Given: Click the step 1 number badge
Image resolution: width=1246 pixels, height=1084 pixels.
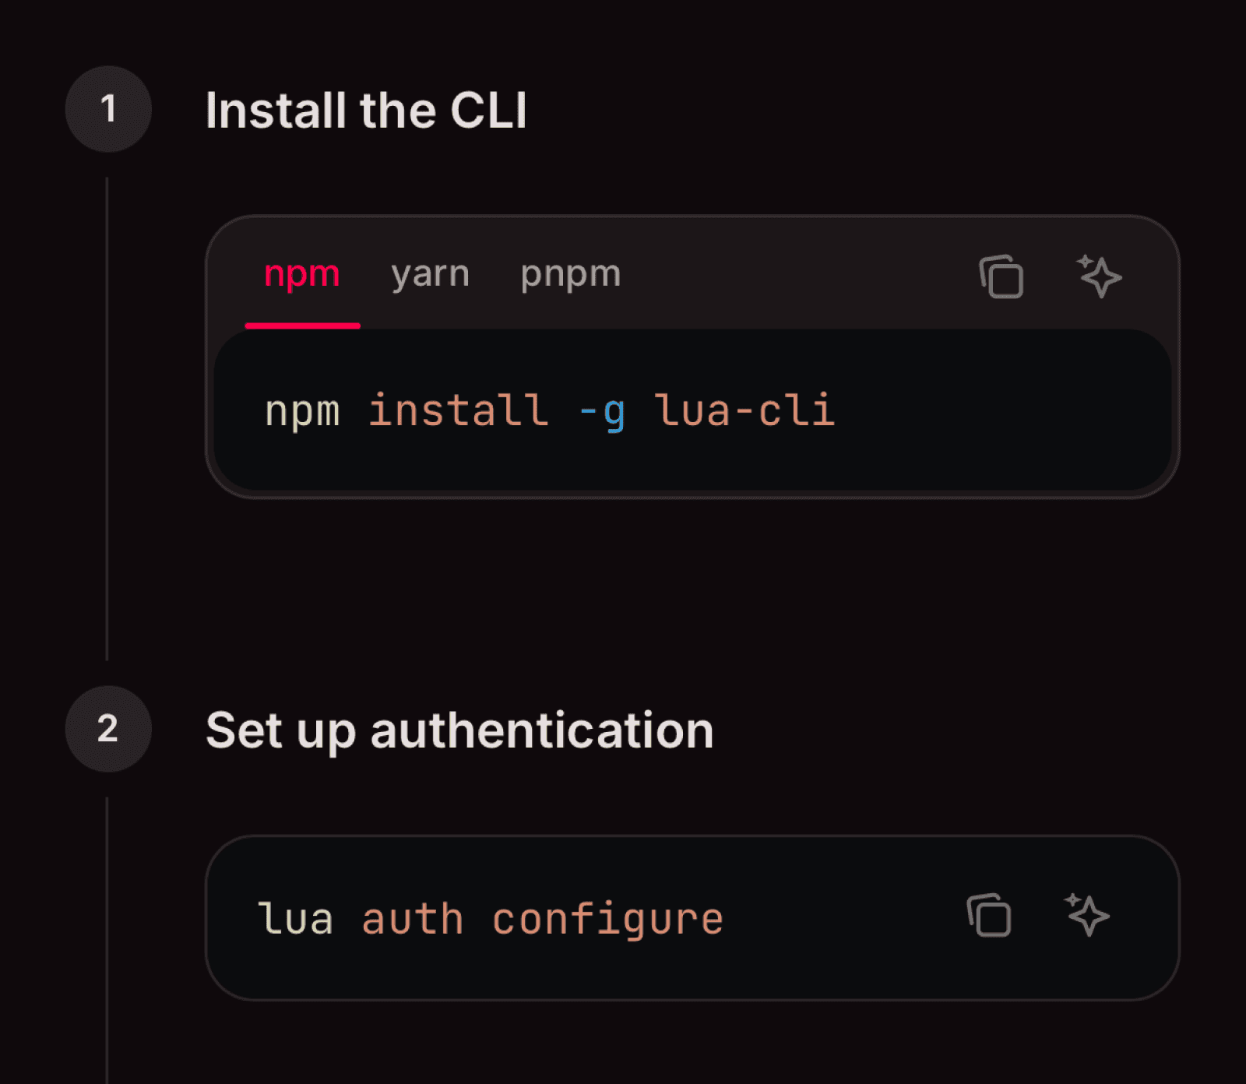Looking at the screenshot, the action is (108, 109).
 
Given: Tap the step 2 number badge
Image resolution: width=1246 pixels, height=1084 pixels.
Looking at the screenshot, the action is (108, 729).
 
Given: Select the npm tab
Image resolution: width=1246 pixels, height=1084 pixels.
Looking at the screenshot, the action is (302, 274).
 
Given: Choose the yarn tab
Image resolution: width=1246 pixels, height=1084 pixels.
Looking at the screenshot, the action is (431, 274).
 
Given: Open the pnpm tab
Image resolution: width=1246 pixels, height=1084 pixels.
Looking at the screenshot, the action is (571, 274).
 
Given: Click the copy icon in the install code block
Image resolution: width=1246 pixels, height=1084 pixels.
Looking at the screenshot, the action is (1001, 276).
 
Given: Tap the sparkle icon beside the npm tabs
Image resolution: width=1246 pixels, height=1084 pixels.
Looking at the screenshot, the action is (1099, 276).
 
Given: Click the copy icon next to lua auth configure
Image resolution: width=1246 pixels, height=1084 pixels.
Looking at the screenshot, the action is (989, 915).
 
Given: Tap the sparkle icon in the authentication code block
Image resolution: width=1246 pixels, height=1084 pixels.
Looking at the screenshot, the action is (1087, 915).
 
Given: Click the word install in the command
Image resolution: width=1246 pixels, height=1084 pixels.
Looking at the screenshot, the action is (458, 410).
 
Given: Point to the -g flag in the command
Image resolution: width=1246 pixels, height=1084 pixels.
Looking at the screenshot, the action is (602, 412).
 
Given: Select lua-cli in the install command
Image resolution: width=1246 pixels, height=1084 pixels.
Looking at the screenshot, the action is (744, 410).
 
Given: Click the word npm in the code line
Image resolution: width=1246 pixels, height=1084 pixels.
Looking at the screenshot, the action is (302, 412).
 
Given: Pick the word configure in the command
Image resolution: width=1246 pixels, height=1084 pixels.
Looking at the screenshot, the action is (607, 920).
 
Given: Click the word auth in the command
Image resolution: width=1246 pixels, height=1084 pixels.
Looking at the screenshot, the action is (413, 920).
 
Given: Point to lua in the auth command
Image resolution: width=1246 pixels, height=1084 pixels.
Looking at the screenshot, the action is (296, 920).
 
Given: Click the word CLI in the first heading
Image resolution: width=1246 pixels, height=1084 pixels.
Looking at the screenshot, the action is (488, 111).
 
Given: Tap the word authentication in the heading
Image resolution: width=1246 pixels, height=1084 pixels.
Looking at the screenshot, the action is (542, 730).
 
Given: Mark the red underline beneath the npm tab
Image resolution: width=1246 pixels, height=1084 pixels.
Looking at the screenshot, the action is (302, 326).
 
